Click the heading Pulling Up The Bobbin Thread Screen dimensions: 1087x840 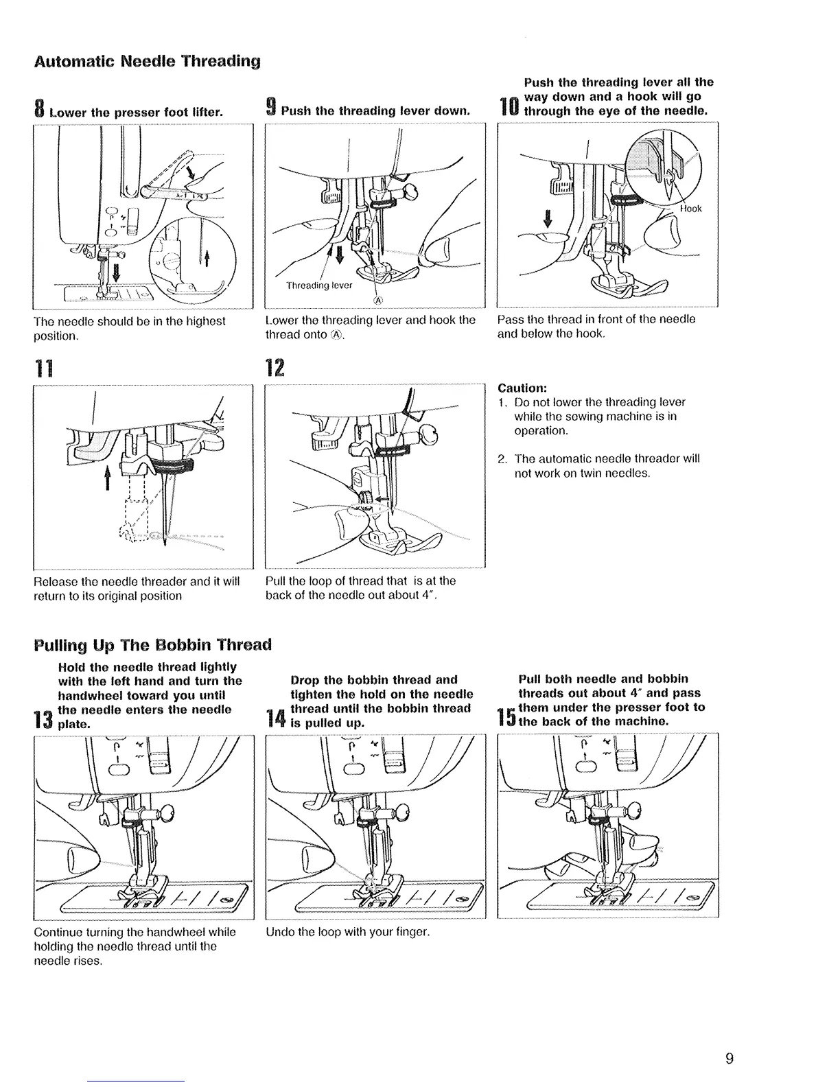coord(153,645)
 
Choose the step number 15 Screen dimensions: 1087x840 coord(506,717)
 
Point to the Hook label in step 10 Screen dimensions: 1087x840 coord(691,209)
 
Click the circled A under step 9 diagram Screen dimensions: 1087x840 coord(377,301)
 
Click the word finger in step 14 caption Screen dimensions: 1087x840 coord(413,932)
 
